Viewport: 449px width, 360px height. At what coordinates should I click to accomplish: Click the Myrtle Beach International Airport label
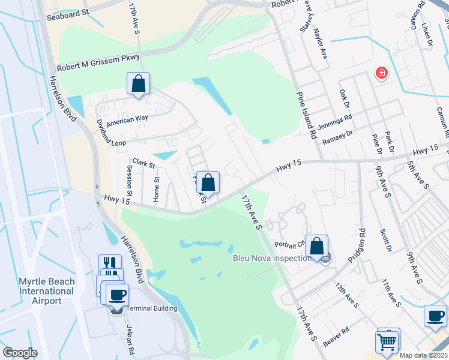pos(39,291)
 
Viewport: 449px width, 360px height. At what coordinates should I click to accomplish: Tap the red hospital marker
pos(381,74)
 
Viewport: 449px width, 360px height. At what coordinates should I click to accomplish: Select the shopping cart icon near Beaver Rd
pos(387,343)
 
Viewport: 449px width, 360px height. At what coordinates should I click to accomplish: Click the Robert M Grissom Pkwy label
pos(98,63)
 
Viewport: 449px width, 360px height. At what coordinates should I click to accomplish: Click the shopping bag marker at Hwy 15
pos(208,182)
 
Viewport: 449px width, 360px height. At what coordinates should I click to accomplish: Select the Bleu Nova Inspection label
pos(273,259)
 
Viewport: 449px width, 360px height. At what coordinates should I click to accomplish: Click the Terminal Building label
pos(152,308)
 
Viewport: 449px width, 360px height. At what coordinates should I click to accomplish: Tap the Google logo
pos(20,353)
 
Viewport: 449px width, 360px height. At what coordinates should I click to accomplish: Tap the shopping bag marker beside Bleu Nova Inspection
pos(316,246)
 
